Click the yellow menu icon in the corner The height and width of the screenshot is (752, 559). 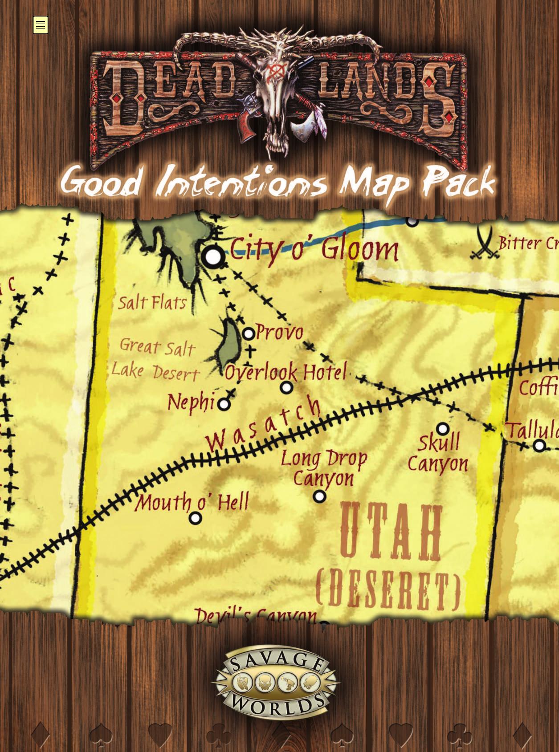coord(41,25)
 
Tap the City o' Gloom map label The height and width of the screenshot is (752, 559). coord(314,249)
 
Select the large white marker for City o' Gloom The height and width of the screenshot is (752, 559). coord(213,257)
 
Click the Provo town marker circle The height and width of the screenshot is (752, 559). coord(249,333)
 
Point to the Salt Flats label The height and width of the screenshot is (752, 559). coord(152,303)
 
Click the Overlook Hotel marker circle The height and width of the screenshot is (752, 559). coord(286,388)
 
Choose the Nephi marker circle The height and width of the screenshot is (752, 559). coord(224,404)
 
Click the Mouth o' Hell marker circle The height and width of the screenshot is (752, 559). coord(195,518)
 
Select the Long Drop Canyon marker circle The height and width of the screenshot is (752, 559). coord(319,496)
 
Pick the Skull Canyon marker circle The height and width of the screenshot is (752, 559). coord(442,429)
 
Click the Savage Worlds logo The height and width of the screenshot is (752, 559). coord(276,682)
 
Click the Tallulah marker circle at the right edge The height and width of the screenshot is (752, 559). coord(539,445)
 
